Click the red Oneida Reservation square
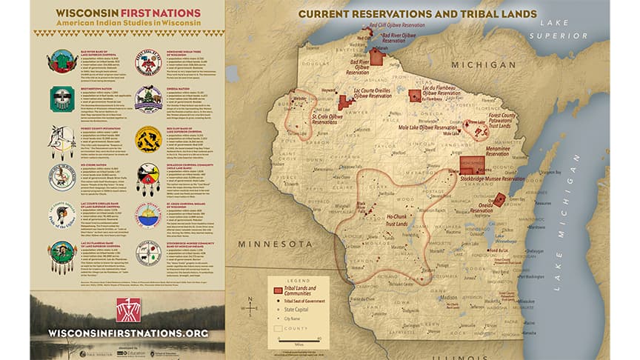point(500,199)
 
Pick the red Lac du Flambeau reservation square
point(414,95)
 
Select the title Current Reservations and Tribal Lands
point(417,14)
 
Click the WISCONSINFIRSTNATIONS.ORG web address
point(127,333)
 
